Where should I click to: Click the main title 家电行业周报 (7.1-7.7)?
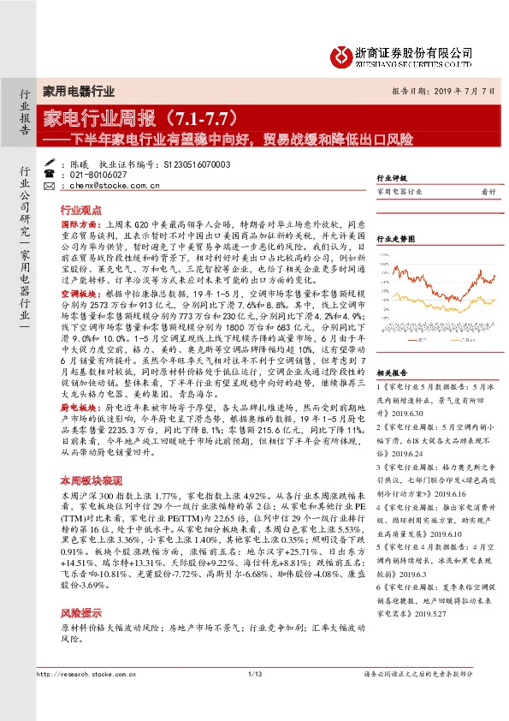tap(146, 116)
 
